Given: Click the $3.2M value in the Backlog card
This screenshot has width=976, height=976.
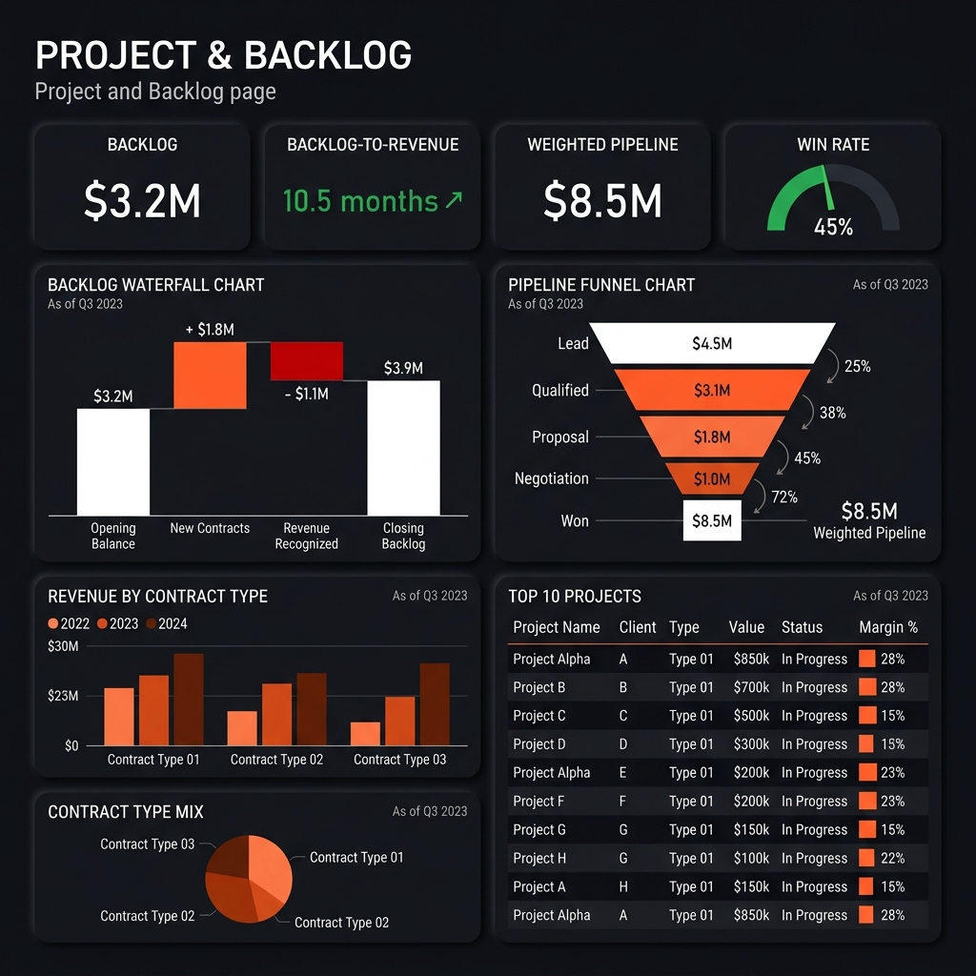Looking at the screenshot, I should [x=142, y=201].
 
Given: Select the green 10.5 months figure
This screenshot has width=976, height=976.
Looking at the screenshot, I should [x=360, y=201].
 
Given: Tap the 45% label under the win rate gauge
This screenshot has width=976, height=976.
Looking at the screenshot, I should [x=833, y=227].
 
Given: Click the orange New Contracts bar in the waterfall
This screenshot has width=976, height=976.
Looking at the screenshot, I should [x=210, y=375].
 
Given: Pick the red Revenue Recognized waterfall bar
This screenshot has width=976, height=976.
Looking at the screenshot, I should [x=306, y=361].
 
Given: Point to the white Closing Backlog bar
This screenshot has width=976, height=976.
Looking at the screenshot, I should [x=403, y=448].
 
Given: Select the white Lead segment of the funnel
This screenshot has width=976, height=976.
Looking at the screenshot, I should [x=712, y=343].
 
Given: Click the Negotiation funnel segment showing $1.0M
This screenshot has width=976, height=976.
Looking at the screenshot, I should [x=712, y=478].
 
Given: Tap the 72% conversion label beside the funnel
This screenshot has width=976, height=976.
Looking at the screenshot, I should [x=785, y=497].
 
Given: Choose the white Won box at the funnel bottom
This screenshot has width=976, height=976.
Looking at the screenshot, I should [x=712, y=520].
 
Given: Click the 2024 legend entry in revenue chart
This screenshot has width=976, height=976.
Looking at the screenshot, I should [x=166, y=623].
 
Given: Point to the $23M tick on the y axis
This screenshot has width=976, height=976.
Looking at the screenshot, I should [x=63, y=696].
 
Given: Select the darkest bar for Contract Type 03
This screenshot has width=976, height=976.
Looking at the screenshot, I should [x=435, y=704].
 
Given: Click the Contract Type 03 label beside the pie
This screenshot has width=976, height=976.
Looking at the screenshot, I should [x=147, y=844].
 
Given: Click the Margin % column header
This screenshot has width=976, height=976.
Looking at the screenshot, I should [x=887, y=627].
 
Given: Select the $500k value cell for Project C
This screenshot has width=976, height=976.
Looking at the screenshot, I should [x=751, y=716].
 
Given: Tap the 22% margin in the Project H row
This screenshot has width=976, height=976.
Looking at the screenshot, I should [x=892, y=858].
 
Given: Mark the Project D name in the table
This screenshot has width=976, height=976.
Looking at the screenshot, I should [x=539, y=744].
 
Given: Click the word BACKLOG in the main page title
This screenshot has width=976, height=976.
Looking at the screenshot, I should [x=328, y=56].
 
